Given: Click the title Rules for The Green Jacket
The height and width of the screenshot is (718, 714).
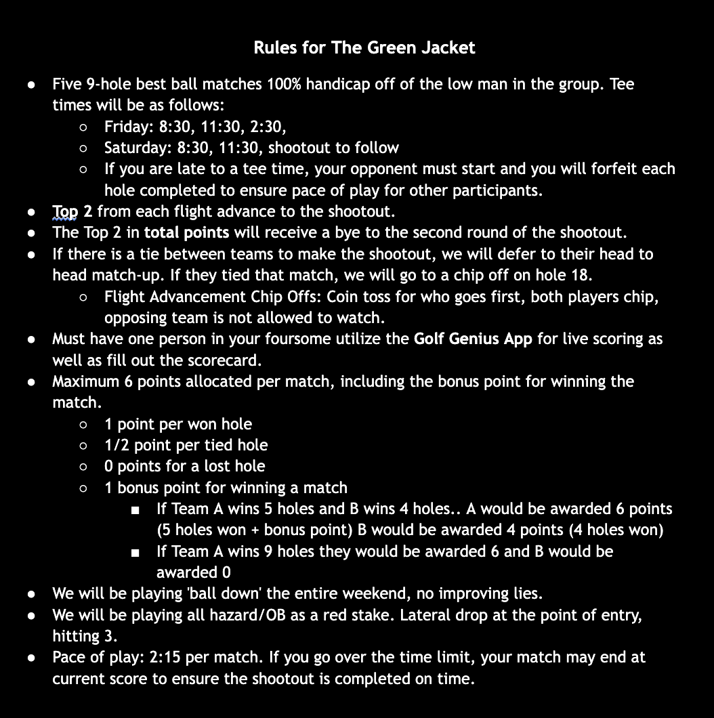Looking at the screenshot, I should click(364, 47).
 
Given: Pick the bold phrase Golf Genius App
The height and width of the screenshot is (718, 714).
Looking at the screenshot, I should click(473, 339).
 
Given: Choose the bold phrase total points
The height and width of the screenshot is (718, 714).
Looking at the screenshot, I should click(186, 233).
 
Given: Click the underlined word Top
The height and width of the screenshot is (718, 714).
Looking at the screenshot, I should click(65, 211).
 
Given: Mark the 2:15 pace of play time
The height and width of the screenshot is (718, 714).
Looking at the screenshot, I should click(175, 657).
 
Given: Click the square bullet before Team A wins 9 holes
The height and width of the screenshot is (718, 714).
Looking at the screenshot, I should click(136, 553).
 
